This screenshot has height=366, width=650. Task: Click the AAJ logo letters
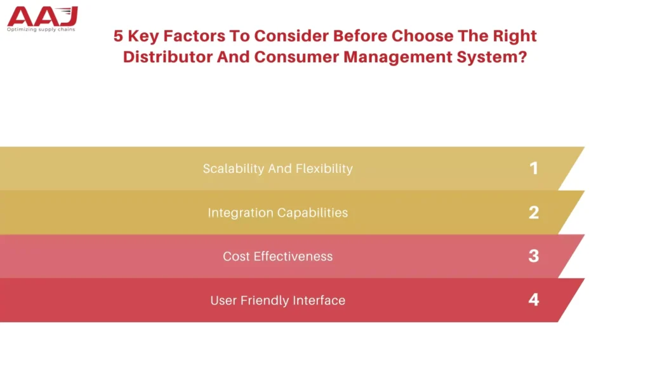43,17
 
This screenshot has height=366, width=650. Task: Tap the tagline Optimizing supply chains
41,29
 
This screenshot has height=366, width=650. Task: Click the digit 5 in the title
118,36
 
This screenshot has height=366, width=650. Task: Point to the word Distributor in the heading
168,57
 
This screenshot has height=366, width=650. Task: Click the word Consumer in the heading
296,57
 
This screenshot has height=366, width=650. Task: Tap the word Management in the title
398,57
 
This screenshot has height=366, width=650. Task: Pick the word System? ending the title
492,57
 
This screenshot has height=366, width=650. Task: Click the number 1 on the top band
533,168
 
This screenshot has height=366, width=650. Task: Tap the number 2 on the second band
534,212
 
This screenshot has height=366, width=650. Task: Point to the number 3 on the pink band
534,256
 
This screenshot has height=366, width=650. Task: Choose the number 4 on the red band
534,300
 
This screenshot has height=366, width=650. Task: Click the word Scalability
234,169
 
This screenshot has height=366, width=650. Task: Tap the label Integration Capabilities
278,213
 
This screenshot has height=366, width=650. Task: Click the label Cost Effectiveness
278,257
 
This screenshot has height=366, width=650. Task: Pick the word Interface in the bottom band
319,300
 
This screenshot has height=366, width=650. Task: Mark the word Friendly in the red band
265,301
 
